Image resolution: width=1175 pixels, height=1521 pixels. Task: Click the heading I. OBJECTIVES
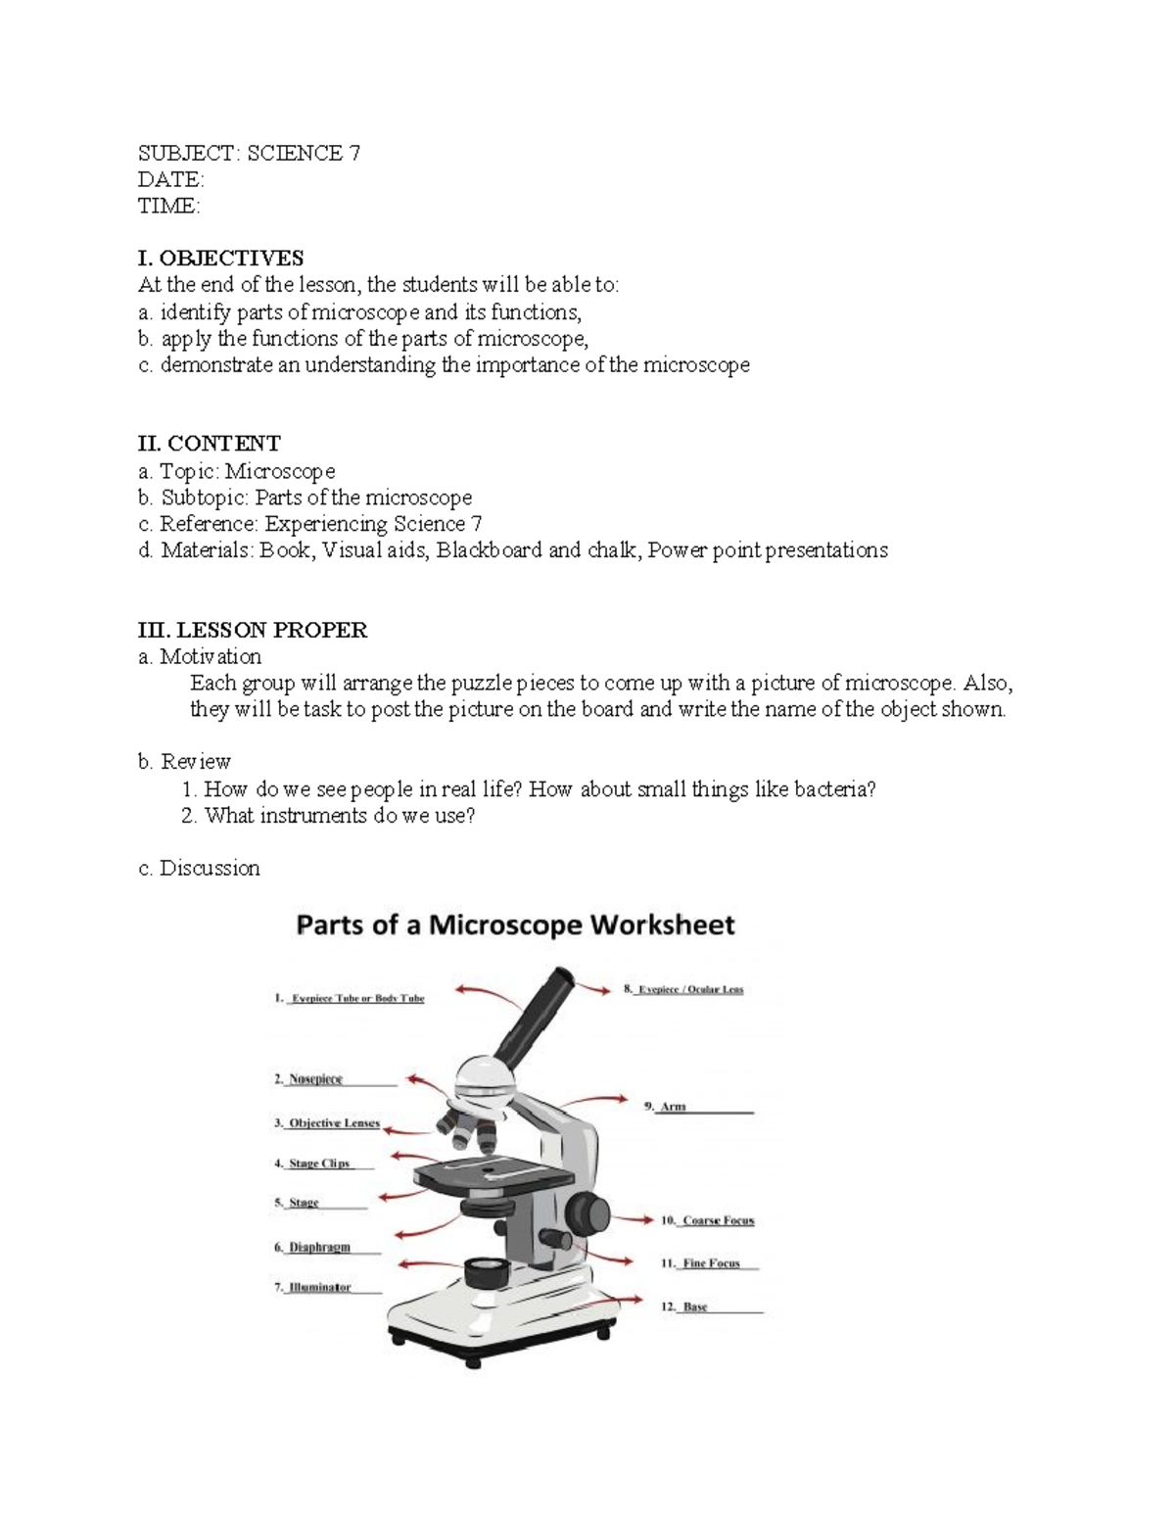[x=220, y=259]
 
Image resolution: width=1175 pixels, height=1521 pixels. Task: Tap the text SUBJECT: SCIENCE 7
[x=249, y=153]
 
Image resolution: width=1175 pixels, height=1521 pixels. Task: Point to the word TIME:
[x=168, y=206]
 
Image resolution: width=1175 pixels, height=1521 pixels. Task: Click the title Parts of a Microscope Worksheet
[x=515, y=925]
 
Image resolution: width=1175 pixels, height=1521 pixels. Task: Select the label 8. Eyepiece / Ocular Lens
[x=683, y=989]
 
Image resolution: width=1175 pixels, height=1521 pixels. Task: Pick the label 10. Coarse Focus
[x=707, y=1220]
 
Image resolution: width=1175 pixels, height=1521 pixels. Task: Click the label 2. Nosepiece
[x=308, y=1079]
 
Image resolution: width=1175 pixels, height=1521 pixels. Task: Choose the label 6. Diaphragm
[x=312, y=1248]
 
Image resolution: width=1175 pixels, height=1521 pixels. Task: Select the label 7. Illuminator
[x=312, y=1287]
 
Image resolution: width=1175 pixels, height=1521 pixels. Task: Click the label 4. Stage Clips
[x=312, y=1164]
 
